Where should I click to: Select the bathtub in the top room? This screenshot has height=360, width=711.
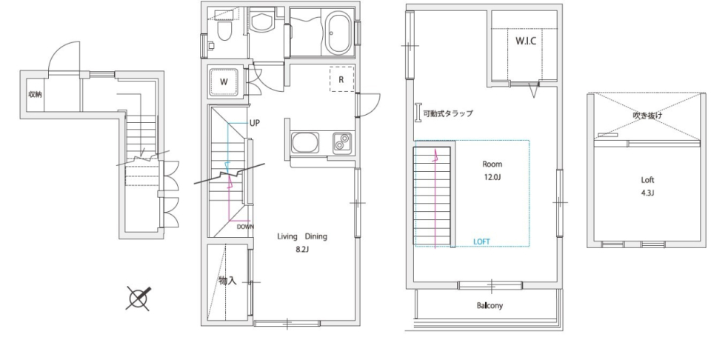[x=330, y=33]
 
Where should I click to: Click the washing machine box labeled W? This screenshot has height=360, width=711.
[x=224, y=81]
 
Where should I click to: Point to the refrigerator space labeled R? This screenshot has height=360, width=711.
[x=341, y=79]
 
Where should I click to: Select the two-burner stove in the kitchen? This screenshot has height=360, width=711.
[x=342, y=141]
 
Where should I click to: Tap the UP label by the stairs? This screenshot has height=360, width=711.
[x=255, y=123]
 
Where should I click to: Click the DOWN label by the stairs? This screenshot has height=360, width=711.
[x=247, y=227]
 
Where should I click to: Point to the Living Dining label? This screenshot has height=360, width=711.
[x=301, y=237]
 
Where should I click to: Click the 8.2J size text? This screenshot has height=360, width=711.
[x=302, y=250]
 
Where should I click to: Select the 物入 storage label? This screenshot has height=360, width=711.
[x=227, y=281]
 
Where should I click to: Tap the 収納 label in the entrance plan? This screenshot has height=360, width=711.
[x=35, y=94]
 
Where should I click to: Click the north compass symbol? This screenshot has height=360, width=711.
[x=138, y=298]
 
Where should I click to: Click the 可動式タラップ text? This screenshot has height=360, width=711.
[x=447, y=113]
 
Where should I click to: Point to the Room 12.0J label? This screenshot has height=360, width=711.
[x=493, y=170]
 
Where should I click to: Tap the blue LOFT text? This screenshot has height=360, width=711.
[x=482, y=241]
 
